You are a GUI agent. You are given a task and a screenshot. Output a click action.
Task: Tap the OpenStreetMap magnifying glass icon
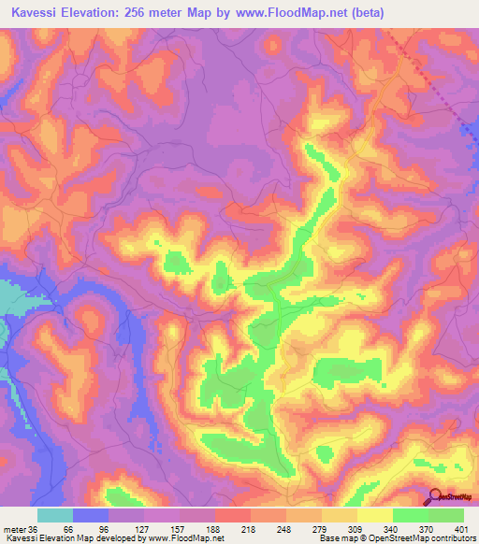click(435, 496)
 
